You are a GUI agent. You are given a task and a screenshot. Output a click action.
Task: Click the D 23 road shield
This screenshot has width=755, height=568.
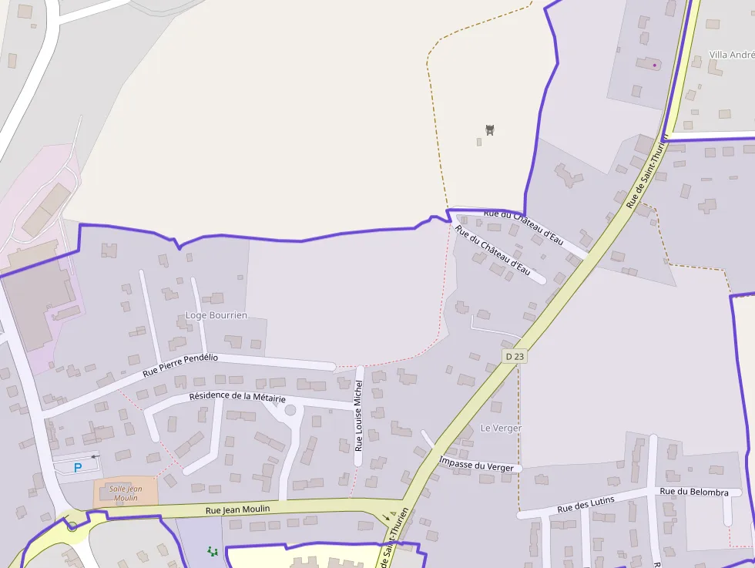click(515, 356)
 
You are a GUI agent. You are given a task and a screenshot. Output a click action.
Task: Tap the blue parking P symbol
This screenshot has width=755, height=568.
click(78, 467)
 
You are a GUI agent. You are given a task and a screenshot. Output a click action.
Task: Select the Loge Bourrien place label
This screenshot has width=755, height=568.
click(216, 315)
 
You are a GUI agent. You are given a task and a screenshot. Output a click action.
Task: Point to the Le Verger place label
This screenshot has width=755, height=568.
click(501, 428)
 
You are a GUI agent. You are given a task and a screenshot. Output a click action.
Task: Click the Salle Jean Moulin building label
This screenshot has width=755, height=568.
click(126, 493)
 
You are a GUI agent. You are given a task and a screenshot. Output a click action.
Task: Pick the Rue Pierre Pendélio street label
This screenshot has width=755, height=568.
click(181, 365)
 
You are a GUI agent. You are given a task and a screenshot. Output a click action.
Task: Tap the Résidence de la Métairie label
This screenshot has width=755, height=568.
click(237, 397)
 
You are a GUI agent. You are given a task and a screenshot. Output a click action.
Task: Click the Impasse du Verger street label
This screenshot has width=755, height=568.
click(476, 464)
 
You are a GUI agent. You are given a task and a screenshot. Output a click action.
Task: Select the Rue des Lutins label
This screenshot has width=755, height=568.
click(586, 505)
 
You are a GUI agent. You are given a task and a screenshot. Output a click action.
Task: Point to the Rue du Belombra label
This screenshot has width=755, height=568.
click(694, 492)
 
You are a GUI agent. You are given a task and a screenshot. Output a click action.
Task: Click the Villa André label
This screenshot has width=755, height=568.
click(731, 55)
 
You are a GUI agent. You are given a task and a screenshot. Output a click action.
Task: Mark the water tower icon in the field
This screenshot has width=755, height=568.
click(489, 129)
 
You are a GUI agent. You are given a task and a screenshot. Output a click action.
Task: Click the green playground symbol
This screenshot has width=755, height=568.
click(213, 551)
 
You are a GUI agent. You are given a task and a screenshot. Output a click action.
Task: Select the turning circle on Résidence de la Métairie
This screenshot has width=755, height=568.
click(290, 410)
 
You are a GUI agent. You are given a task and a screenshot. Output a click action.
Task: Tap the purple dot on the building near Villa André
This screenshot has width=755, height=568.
click(655, 66)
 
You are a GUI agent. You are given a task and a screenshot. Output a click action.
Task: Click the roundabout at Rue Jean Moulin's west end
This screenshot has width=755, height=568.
click(72, 526)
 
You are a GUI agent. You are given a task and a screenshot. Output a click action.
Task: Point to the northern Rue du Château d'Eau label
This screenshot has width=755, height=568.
click(523, 227)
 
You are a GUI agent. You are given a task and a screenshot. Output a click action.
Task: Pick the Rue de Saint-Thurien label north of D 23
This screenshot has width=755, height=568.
click(646, 171)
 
